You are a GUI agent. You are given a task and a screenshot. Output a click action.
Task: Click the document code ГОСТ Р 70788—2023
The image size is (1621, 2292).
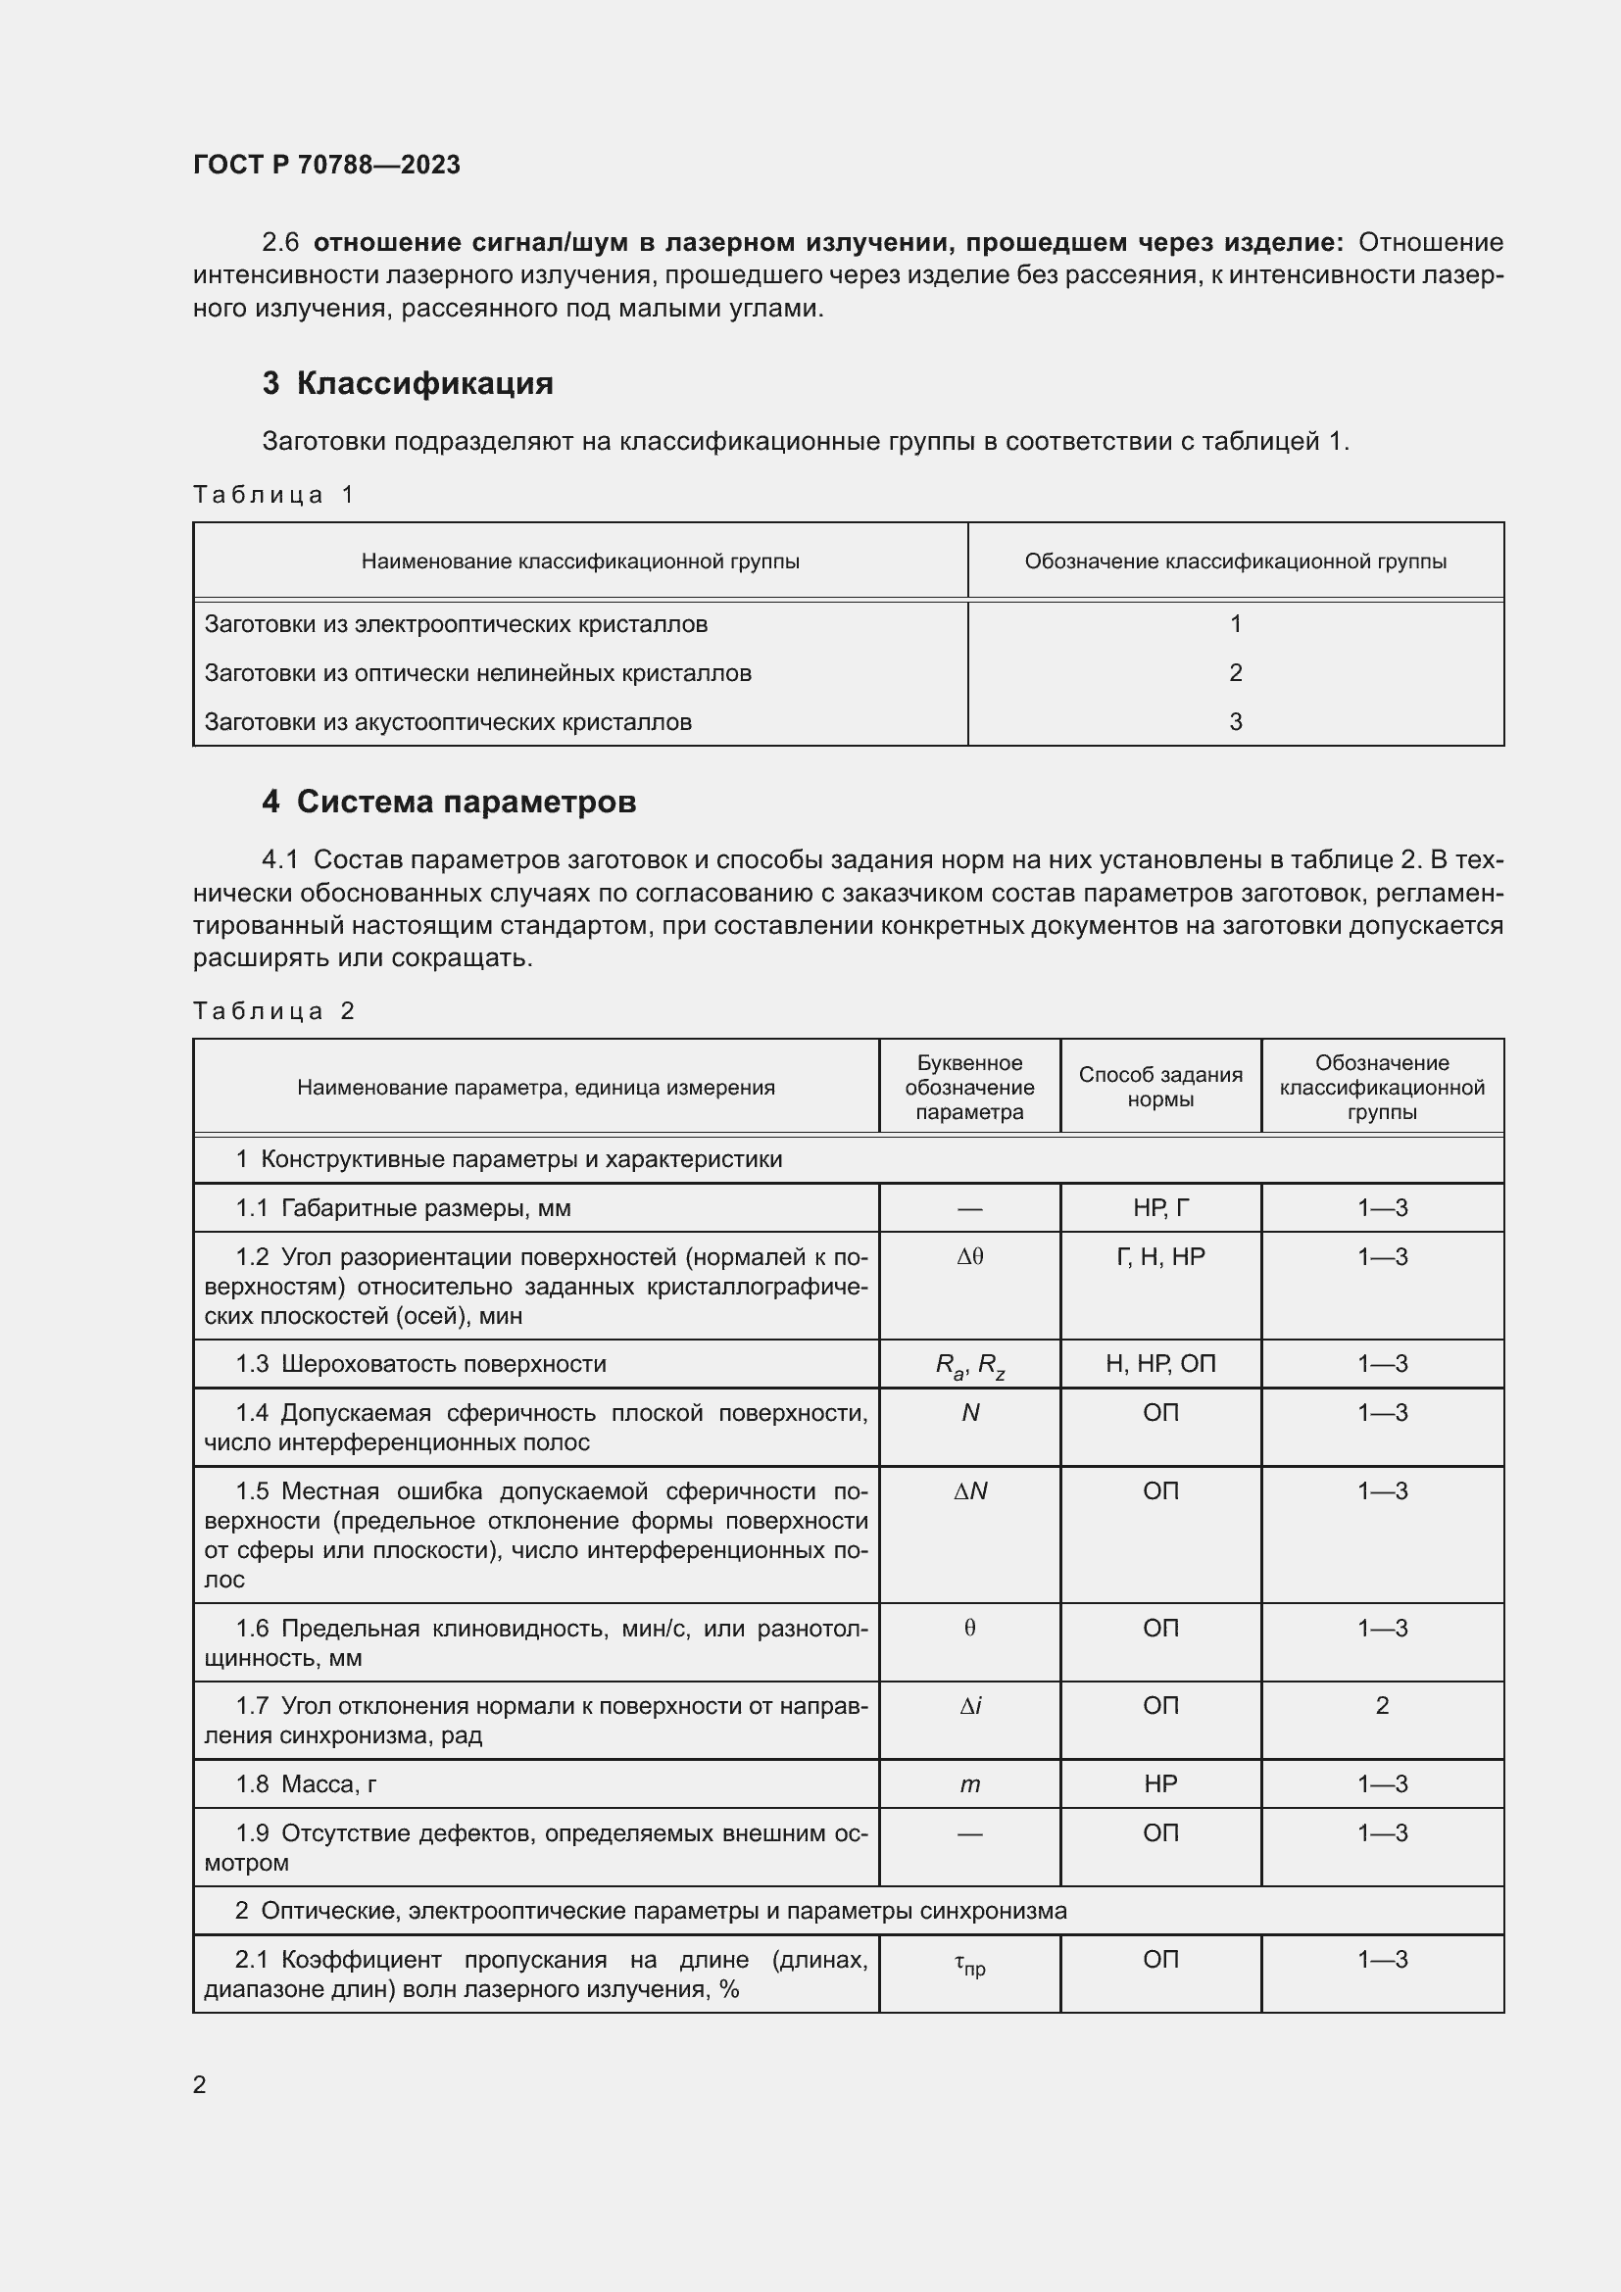(326, 165)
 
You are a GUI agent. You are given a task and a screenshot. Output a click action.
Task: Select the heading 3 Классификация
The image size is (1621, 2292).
(408, 383)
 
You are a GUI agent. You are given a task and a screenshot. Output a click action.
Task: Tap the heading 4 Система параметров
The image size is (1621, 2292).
(448, 802)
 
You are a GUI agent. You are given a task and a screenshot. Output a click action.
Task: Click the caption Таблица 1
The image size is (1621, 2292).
(273, 495)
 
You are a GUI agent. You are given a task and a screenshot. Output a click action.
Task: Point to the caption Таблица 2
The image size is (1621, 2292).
(273, 1011)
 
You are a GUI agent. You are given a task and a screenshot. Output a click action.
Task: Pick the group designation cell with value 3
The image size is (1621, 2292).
(1235, 722)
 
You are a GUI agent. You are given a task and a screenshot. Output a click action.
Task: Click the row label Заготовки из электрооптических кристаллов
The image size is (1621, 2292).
(455, 624)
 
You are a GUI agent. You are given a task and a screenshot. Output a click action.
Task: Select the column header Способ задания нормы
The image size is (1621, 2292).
(1159, 1087)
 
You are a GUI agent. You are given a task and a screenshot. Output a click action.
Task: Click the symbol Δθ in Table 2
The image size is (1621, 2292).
(969, 1257)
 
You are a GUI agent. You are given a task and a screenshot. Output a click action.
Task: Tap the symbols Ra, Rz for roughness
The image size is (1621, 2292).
(969, 1366)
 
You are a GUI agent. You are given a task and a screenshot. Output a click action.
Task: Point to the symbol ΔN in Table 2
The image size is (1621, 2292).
(969, 1491)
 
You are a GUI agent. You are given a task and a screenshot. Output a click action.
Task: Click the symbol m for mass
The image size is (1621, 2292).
(969, 1784)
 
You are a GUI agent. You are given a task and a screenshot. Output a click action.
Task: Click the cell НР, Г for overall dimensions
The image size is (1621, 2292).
(1159, 1208)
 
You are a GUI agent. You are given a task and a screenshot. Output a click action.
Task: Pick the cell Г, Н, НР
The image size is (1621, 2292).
(1159, 1257)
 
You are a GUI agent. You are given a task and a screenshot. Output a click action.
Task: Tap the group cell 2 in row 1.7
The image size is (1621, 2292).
(1382, 1706)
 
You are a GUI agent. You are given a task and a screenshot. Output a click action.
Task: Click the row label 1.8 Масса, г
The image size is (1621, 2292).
(306, 1784)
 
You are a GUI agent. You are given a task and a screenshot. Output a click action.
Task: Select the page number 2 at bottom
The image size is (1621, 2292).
(200, 2084)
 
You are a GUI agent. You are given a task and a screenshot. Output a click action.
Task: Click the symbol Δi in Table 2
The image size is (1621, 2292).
(969, 1707)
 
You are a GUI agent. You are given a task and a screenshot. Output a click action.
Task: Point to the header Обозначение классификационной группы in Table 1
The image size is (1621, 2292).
(1235, 562)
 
